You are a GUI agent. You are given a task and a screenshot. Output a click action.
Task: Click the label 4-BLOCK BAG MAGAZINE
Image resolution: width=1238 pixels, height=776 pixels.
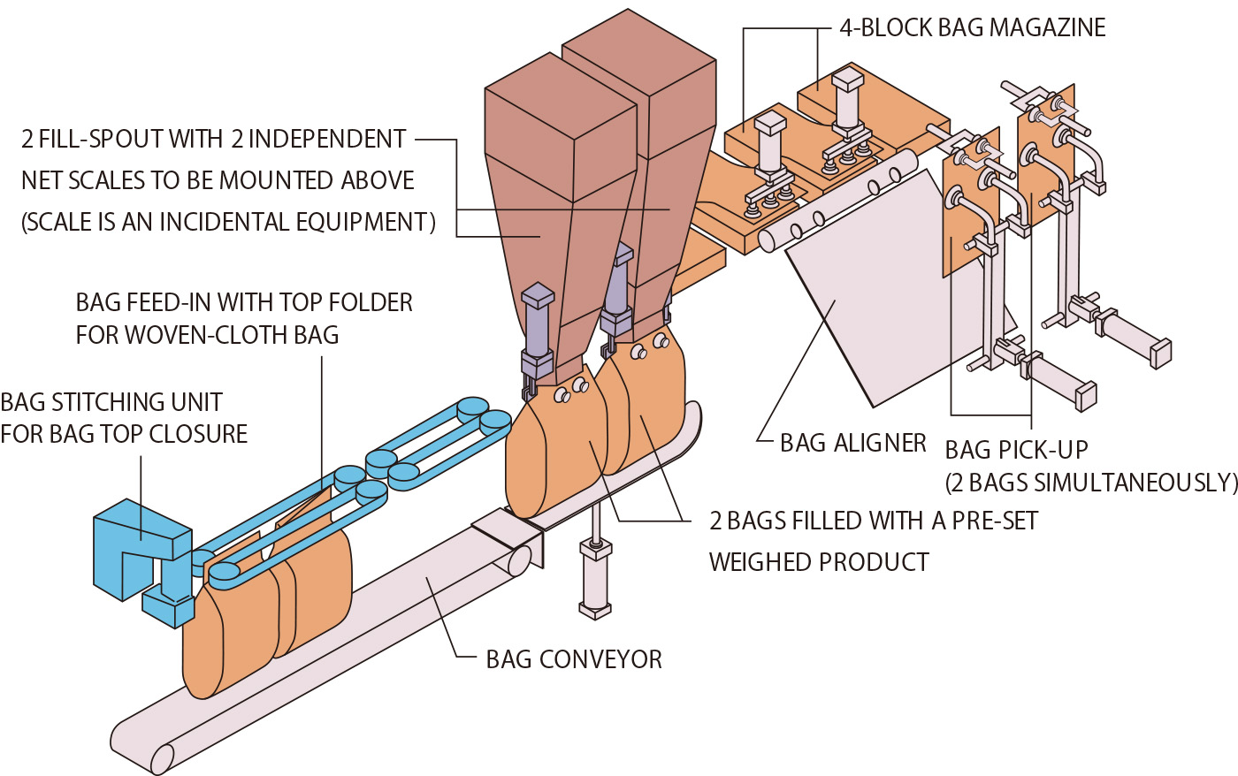tap(972, 28)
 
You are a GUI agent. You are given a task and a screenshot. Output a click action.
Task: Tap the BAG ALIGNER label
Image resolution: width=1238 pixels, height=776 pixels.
tap(852, 443)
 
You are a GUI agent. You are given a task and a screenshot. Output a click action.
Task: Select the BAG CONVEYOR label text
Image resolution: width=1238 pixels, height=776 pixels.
tap(574, 659)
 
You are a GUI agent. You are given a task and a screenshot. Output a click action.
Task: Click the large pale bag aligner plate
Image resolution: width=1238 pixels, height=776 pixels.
tap(875, 292)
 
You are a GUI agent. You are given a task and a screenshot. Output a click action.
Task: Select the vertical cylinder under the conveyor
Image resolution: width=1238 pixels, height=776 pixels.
tap(595, 579)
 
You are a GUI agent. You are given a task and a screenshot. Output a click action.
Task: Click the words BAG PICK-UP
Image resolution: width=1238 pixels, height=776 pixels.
tap(1016, 450)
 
